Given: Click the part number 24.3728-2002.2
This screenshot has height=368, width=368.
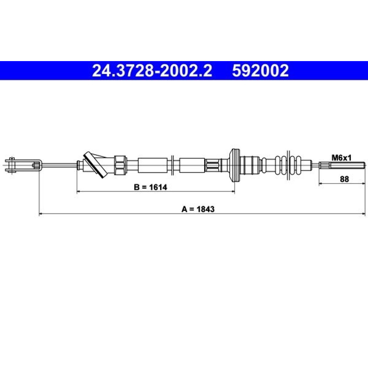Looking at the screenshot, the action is (x=152, y=71).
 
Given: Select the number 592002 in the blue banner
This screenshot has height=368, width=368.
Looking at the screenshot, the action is (x=260, y=71).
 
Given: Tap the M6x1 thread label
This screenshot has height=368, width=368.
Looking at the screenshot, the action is (x=342, y=158).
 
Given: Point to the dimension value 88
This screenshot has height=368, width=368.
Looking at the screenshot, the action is (x=344, y=179).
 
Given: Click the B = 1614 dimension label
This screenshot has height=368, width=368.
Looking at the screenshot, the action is (x=151, y=187).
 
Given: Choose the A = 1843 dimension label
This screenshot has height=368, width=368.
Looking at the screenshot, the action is (x=198, y=209).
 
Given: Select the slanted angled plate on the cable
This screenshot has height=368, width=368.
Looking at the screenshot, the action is (x=96, y=165).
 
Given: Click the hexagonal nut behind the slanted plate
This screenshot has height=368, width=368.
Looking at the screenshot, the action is (x=121, y=165).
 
